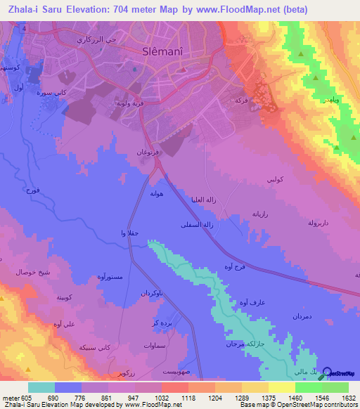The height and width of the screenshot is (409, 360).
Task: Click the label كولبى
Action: click(x=275, y=181)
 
